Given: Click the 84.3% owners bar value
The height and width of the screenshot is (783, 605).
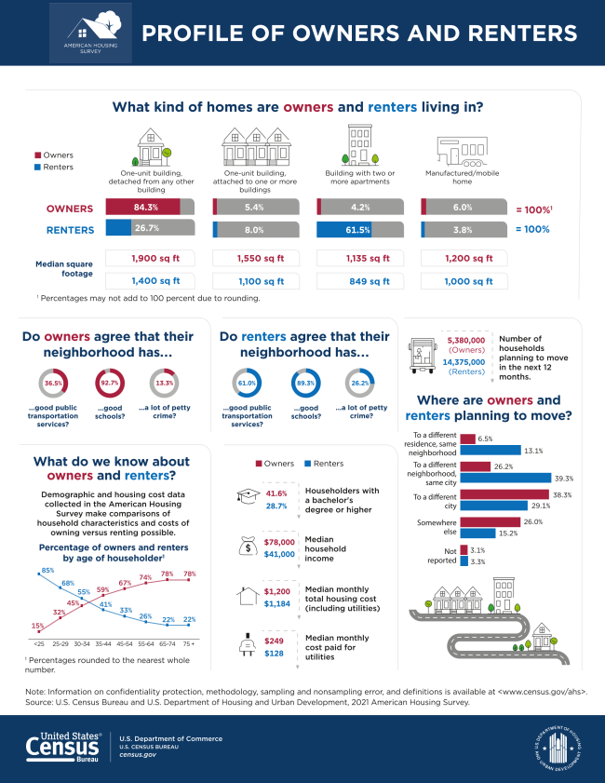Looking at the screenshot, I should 145,206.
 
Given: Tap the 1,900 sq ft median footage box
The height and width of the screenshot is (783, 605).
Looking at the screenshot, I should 150,258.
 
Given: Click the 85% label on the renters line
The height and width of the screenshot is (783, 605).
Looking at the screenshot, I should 47,569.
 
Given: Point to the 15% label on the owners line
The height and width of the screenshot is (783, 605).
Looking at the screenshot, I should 37,626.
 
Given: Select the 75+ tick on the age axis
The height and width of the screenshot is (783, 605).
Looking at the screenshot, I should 190,643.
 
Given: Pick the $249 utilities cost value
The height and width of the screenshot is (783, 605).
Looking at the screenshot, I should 273,642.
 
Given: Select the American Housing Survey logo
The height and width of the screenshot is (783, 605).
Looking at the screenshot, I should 90,34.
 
